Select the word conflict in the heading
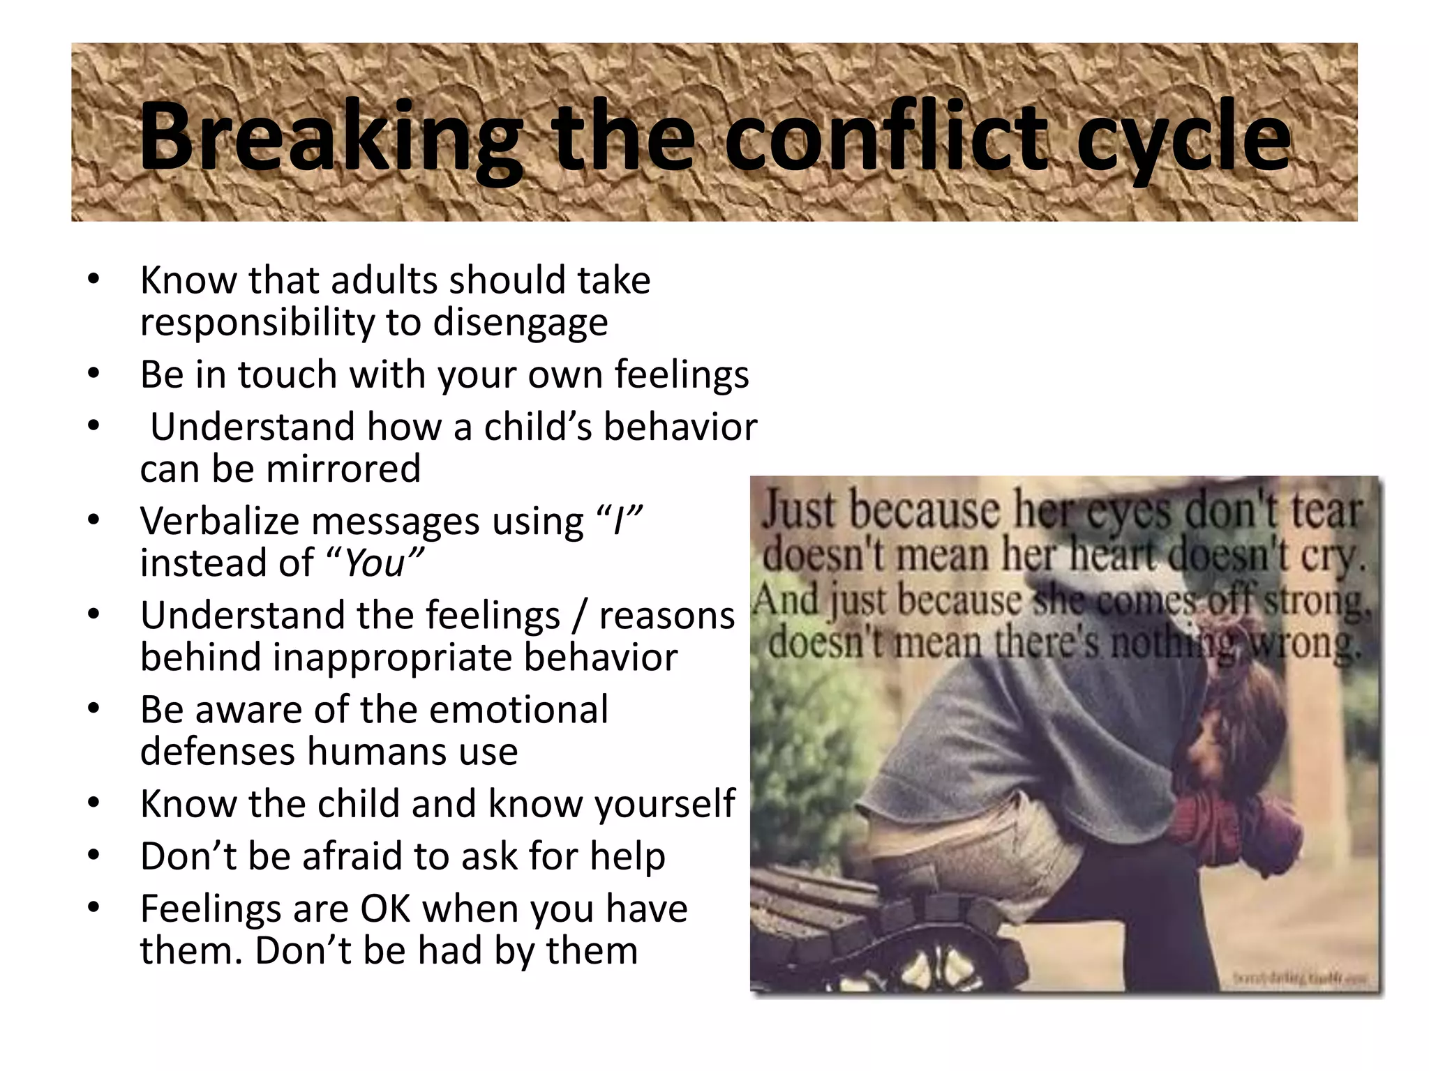(x=886, y=136)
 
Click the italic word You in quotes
(x=375, y=563)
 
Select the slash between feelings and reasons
(x=579, y=616)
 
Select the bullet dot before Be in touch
(x=94, y=374)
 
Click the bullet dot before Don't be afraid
(x=94, y=856)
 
